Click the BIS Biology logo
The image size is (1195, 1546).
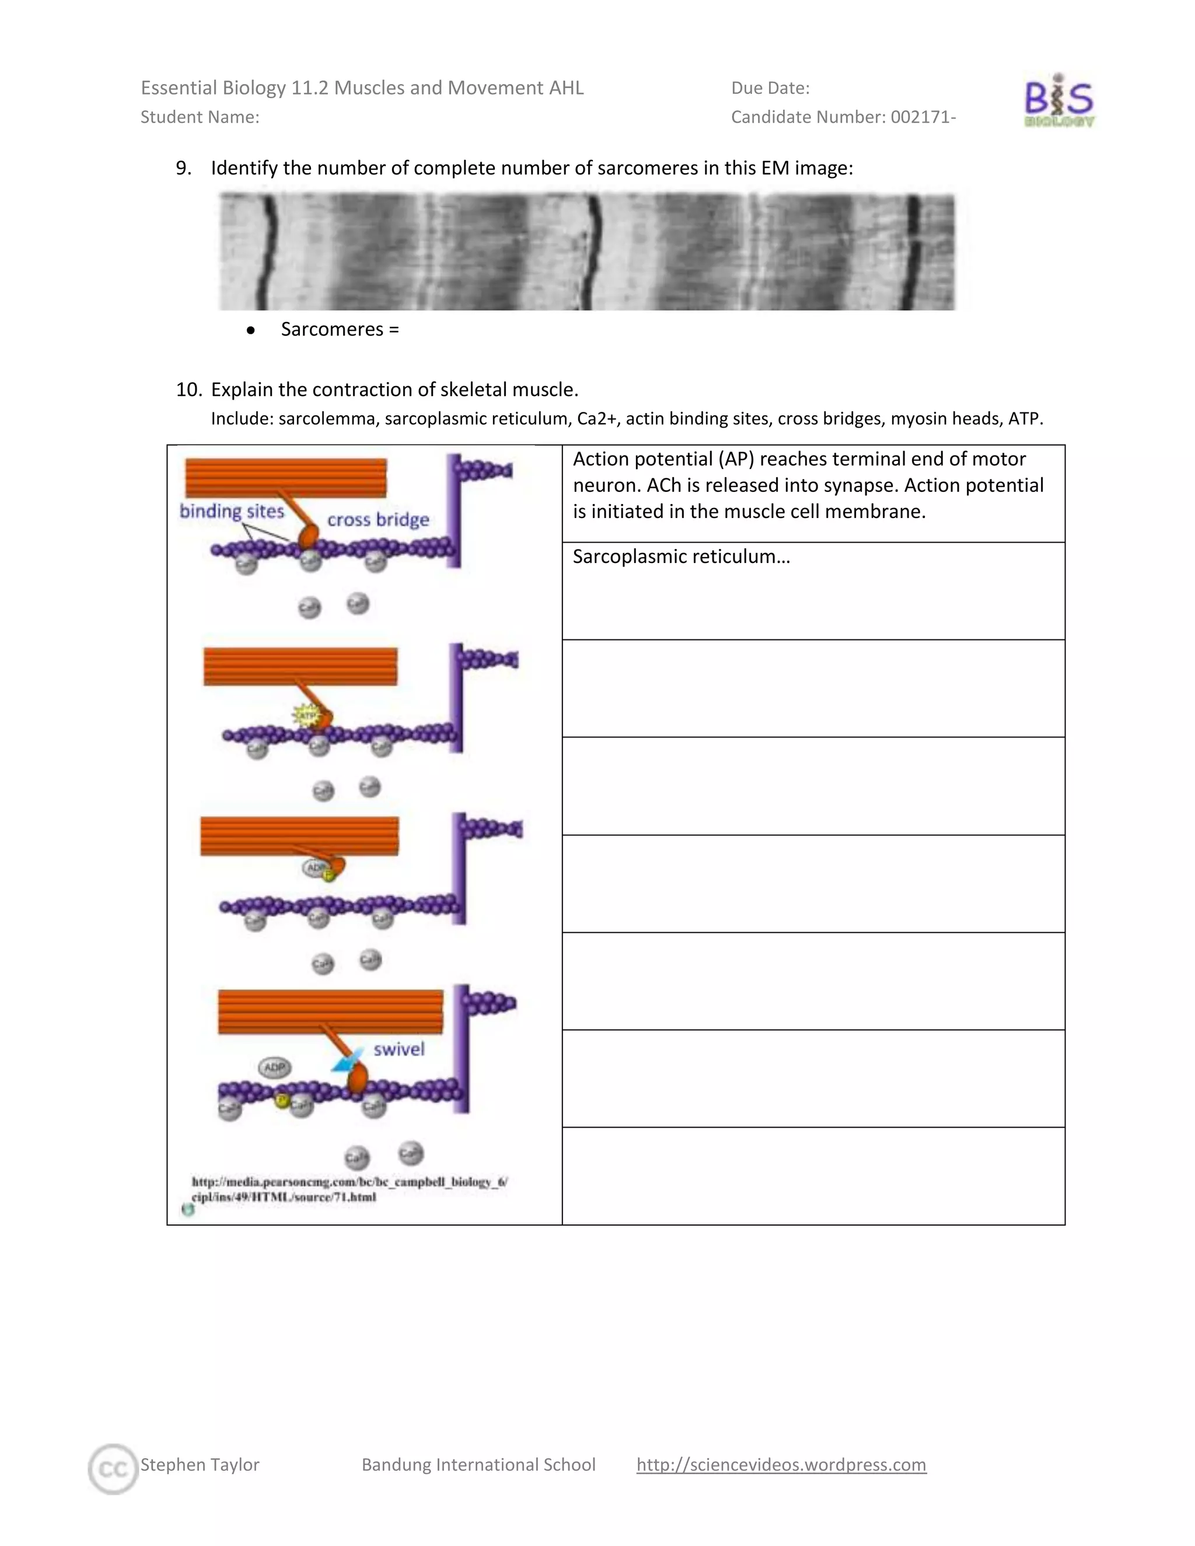tap(1059, 100)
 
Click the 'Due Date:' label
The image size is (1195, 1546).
tap(770, 88)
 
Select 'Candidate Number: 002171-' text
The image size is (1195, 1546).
tap(843, 117)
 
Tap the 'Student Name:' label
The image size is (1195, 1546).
tap(200, 117)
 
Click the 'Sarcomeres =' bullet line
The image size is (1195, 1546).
tap(339, 329)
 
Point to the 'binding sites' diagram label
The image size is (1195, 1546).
tap(232, 511)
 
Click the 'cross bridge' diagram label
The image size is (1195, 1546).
tap(378, 520)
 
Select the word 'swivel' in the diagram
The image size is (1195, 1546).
tap(399, 1049)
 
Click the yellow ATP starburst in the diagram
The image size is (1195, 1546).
tap(306, 716)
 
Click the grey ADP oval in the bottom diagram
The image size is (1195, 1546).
tap(275, 1067)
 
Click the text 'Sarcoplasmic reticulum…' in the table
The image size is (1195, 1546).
tap(681, 557)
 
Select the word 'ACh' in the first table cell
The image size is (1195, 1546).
tap(663, 485)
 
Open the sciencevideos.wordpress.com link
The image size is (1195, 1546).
tap(781, 1464)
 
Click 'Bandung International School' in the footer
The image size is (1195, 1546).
tap(478, 1464)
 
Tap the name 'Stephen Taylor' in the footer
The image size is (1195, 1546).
tap(200, 1464)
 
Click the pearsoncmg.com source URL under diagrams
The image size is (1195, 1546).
tap(349, 1189)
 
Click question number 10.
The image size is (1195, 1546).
tap(188, 389)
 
